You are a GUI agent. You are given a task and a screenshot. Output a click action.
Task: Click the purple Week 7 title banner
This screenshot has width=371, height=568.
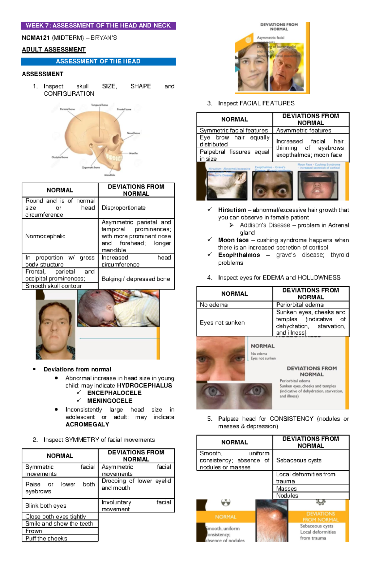(98, 26)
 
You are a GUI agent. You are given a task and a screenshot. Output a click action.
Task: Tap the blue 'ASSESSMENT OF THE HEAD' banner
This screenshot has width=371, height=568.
(98, 62)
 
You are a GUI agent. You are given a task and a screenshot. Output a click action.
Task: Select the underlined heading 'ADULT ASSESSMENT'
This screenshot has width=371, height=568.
(54, 50)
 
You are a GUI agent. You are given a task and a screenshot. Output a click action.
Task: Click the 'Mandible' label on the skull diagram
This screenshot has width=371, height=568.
(109, 175)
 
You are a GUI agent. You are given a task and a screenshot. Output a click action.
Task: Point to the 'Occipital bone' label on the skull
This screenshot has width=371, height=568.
(60, 157)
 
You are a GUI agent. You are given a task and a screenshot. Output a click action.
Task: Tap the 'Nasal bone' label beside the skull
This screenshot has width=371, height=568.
(133, 133)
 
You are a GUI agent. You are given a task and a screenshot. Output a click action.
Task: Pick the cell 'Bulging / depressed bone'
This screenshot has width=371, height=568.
(136, 279)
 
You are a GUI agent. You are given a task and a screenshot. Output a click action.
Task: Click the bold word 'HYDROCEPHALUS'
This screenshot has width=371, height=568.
(144, 385)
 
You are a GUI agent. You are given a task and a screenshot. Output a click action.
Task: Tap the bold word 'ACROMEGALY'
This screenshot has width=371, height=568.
(87, 424)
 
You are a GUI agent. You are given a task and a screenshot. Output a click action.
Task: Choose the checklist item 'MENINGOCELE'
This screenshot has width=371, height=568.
(110, 401)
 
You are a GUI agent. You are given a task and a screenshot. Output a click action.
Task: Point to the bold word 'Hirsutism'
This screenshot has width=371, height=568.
(232, 210)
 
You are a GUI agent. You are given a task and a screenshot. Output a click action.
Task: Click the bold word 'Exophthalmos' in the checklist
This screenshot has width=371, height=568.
(239, 255)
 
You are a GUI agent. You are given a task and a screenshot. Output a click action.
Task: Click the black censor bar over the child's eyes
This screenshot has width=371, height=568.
(318, 179)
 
